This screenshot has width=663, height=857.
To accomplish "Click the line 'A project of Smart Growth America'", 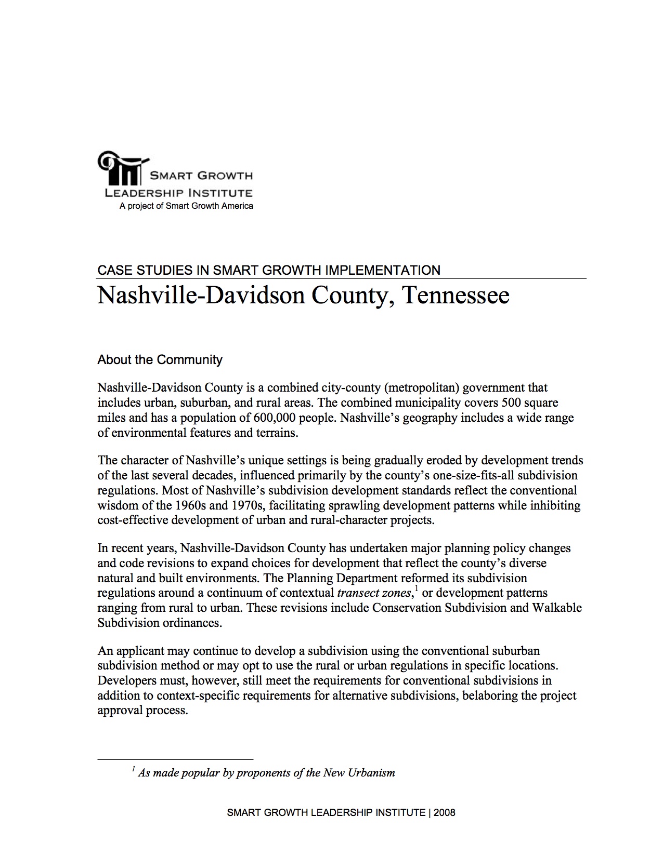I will [186, 206].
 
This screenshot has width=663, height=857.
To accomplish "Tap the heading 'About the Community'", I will [160, 360].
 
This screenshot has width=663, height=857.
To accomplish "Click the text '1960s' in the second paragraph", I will [191, 505].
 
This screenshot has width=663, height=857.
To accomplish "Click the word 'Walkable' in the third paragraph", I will [556, 608].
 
